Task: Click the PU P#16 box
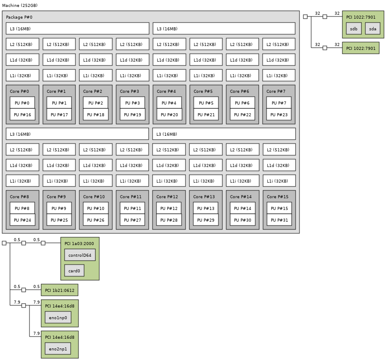pyautogui.click(x=23, y=115)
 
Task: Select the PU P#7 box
pyautogui.click(x=279, y=103)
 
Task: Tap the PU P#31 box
pyautogui.click(x=279, y=220)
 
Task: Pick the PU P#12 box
pyautogui.click(x=169, y=208)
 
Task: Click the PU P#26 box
pyautogui.click(x=96, y=220)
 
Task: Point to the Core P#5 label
pyautogui.click(x=203, y=92)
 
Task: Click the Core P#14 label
pyautogui.click(x=241, y=197)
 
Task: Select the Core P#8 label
pyautogui.click(x=20, y=197)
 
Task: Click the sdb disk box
pyautogui.click(x=354, y=29)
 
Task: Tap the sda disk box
pyautogui.click(x=373, y=29)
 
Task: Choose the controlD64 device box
pyautogui.click(x=80, y=255)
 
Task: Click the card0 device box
pyautogui.click(x=74, y=271)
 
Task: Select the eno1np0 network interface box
pyautogui.click(x=58, y=317)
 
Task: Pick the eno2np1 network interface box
pyautogui.click(x=58, y=349)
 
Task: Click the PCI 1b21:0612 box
pyautogui.click(x=59, y=290)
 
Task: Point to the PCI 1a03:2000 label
pyautogui.click(x=79, y=244)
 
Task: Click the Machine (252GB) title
pyautogui.click(x=20, y=5)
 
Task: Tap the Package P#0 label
pyautogui.click(x=19, y=17)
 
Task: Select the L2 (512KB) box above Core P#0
pyautogui.click(x=23, y=44)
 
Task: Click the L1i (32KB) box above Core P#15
pyautogui.click(x=279, y=181)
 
